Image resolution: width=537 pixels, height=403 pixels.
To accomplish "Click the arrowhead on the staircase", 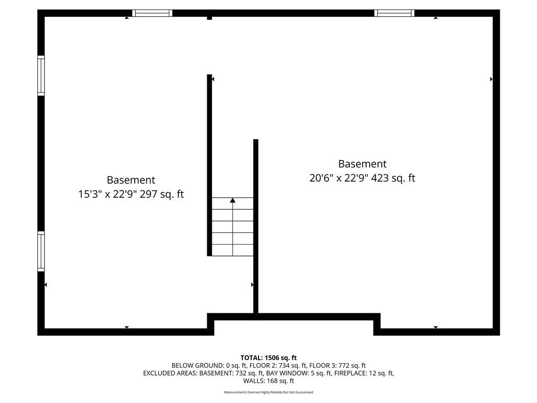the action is [x=232, y=200].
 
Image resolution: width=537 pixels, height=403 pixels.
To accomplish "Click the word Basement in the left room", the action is [x=131, y=180].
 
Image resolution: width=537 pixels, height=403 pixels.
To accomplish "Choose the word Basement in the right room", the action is [x=362, y=164].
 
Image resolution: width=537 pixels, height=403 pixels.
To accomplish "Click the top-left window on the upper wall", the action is [x=152, y=13].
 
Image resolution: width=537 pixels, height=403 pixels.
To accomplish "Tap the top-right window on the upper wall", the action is [x=394, y=13].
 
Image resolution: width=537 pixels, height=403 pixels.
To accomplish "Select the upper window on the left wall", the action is [x=41, y=76].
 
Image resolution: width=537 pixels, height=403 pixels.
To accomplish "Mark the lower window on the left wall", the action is [x=41, y=251].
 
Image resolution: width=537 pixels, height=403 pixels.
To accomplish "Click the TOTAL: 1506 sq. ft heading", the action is [x=268, y=358].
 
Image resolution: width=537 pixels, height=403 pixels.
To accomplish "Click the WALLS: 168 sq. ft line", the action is [x=268, y=381].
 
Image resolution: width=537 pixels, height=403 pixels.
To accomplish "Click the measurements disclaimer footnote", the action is [x=268, y=393].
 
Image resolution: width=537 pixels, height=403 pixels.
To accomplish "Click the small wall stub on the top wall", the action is [x=210, y=18].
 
